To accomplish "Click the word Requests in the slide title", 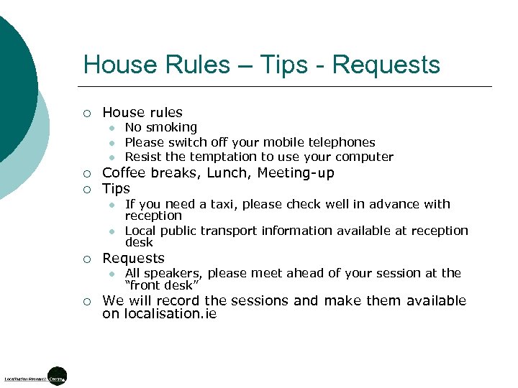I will click(386, 65).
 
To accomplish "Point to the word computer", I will click(365, 157).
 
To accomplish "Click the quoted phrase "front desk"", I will click(163, 285).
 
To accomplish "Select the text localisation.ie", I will click(170, 314).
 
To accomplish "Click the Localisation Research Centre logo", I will click(36, 376).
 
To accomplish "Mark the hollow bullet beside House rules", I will click(86, 113).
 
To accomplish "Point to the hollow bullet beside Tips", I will click(86, 189).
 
